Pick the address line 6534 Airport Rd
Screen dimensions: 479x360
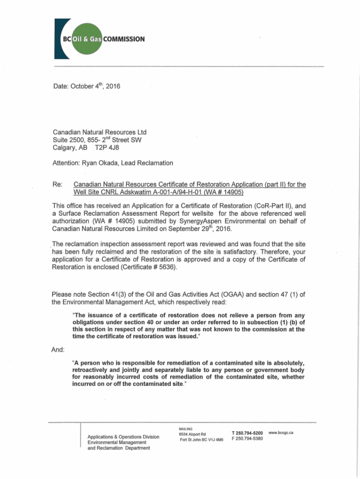(192, 434)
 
